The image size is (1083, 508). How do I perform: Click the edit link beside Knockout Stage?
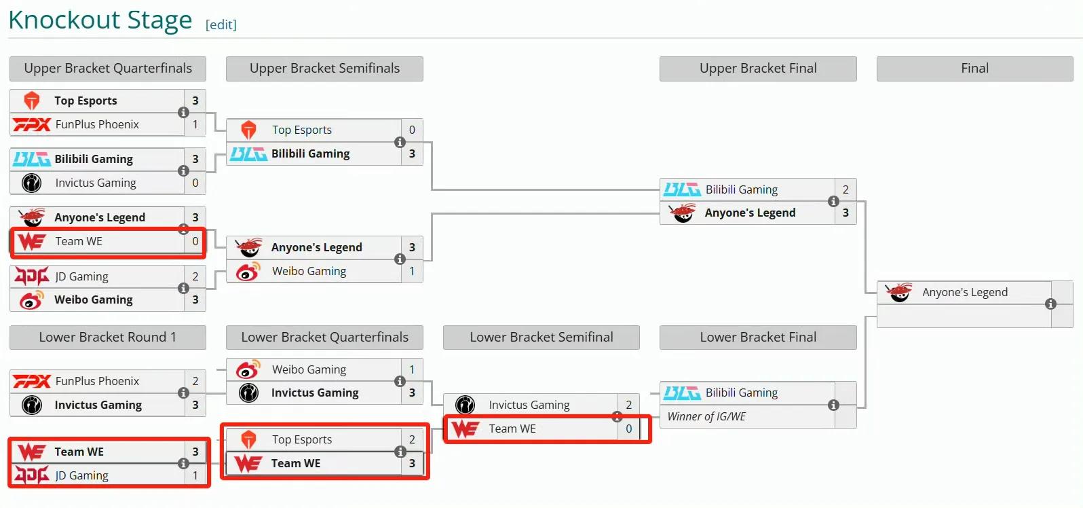coord(221,24)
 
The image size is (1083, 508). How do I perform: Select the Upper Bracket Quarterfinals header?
coord(108,68)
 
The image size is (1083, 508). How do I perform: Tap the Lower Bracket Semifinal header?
coord(541,338)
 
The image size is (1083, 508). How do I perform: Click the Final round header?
coord(974,68)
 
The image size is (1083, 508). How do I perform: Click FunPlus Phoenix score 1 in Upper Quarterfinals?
coord(195,124)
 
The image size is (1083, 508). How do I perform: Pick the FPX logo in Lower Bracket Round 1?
coord(31,381)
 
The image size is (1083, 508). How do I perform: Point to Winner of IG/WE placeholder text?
coord(706,416)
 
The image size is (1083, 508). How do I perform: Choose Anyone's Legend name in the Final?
coord(965,292)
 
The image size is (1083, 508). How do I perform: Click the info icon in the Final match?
coord(1050,304)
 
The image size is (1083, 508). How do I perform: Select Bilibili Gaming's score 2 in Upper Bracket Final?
coord(845,189)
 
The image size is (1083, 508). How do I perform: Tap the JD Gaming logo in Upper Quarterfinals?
coord(32,276)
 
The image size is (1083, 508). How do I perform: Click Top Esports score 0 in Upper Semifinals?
coord(412,130)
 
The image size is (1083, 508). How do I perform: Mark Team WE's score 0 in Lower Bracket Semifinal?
coord(628,429)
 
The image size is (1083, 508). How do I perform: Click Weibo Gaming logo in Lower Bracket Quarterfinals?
coord(248,369)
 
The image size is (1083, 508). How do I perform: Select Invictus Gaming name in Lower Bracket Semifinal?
coord(529,405)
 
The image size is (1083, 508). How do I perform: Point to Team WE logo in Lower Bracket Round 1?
coord(32,452)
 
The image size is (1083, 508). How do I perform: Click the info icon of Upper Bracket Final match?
coord(833,201)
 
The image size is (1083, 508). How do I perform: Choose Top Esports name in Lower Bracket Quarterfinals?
coord(302,440)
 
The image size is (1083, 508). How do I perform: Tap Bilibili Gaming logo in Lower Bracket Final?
coord(682,393)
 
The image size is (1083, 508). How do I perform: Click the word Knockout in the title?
coord(64,20)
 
